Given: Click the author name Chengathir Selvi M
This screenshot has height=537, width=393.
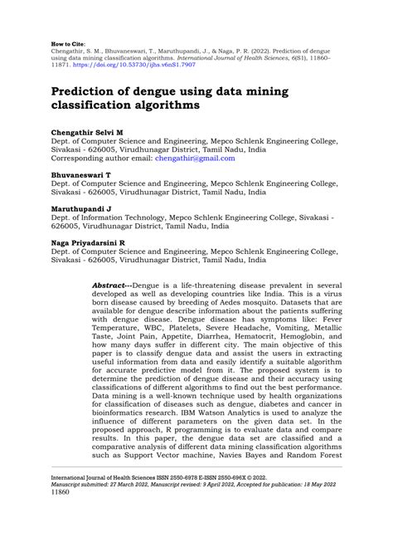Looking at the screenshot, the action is click(87, 133).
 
